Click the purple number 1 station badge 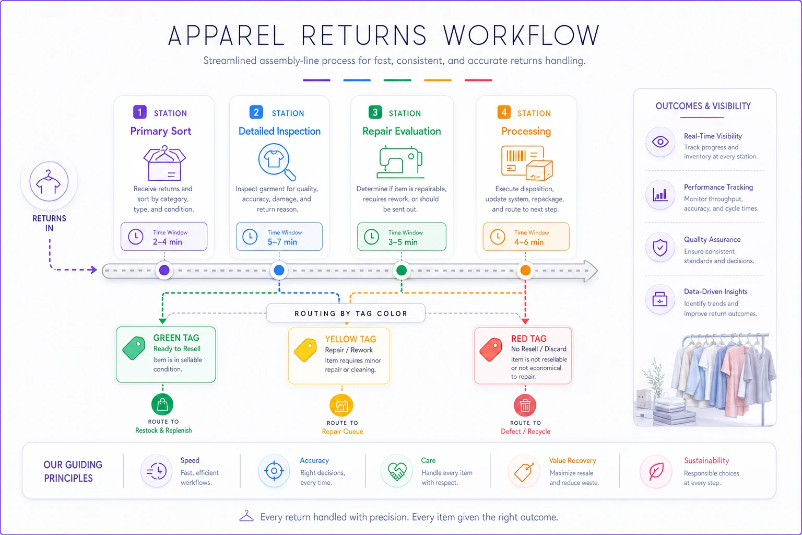pos(139,112)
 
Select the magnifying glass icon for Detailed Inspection pos(277,162)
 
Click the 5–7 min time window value pos(282,242)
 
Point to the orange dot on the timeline pos(525,270)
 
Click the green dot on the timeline pos(402,270)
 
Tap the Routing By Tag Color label pos(351,313)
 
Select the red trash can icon pos(525,405)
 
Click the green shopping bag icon pos(162,404)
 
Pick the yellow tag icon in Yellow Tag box pos(305,350)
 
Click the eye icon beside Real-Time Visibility pos(660,142)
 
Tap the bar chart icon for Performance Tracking pos(660,194)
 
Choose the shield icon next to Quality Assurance pos(660,248)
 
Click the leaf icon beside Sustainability pos(656,471)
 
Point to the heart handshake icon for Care pos(397,471)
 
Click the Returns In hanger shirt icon pos(49,181)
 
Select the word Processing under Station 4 pos(526,131)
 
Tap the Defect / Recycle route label pos(525,432)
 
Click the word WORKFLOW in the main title pos(521,36)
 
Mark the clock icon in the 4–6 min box pos(498,237)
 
